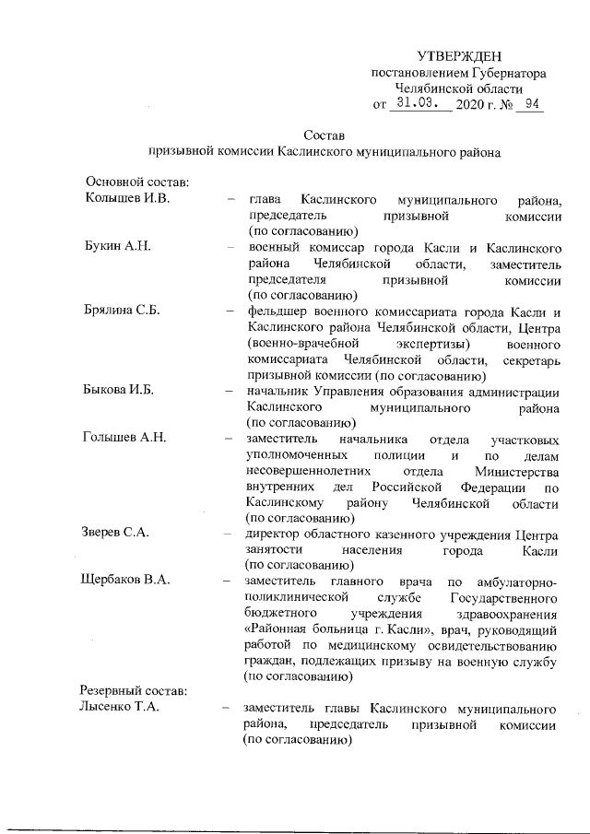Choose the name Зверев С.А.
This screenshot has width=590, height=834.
tap(117, 533)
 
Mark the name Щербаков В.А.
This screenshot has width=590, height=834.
tap(130, 581)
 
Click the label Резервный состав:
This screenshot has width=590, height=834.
tap(135, 690)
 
